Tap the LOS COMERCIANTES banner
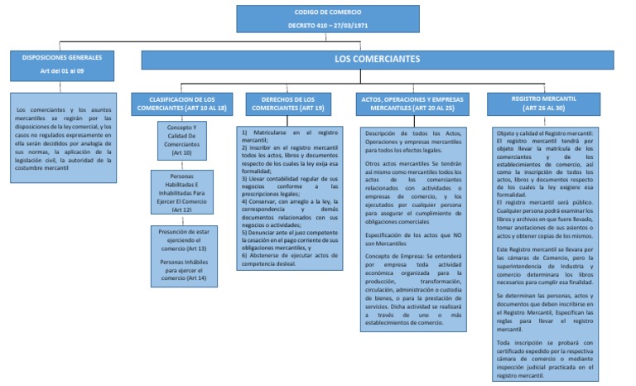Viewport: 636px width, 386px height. point(377,60)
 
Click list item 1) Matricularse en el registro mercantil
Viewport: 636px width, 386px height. point(289,137)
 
